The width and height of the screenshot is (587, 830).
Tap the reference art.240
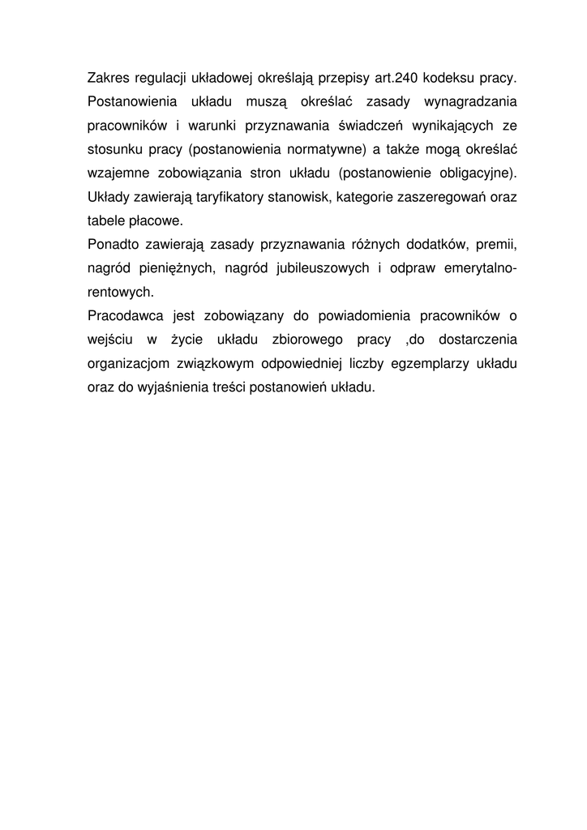[x=395, y=79]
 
